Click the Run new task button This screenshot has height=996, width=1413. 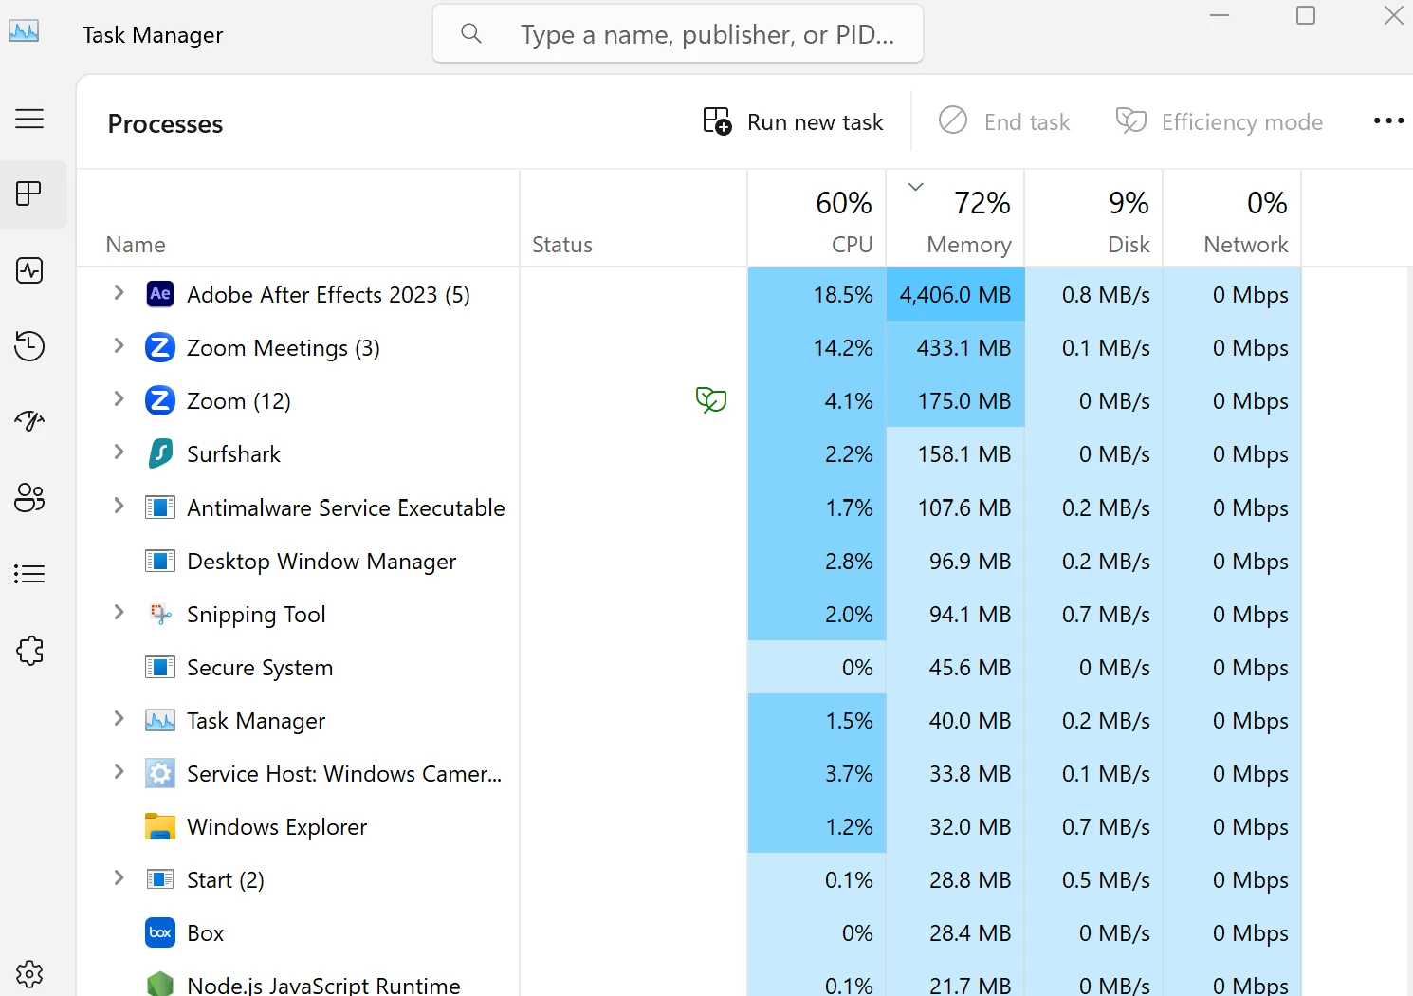pos(793,122)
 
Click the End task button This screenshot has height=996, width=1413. pos(1004,122)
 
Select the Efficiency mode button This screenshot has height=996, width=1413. pos(1220,122)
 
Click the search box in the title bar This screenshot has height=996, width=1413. pos(678,34)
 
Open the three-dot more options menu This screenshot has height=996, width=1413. pos(1388,121)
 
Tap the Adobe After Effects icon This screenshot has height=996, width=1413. pos(160,294)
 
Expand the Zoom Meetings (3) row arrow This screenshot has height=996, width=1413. pos(119,347)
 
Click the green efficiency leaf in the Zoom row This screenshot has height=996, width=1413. pos(711,400)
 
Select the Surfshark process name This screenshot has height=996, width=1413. pos(233,454)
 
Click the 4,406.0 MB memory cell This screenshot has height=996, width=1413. pos(955,295)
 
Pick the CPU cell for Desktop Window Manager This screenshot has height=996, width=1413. pos(817,561)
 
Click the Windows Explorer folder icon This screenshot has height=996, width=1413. pos(160,827)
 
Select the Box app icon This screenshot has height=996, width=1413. pos(160,933)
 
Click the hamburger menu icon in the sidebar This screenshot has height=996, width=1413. pos(29,119)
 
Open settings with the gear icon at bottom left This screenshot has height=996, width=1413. pos(29,973)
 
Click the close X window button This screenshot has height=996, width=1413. pos(1393,16)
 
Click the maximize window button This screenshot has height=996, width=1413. pos(1306,16)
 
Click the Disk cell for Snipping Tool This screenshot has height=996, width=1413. pos(1094,614)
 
